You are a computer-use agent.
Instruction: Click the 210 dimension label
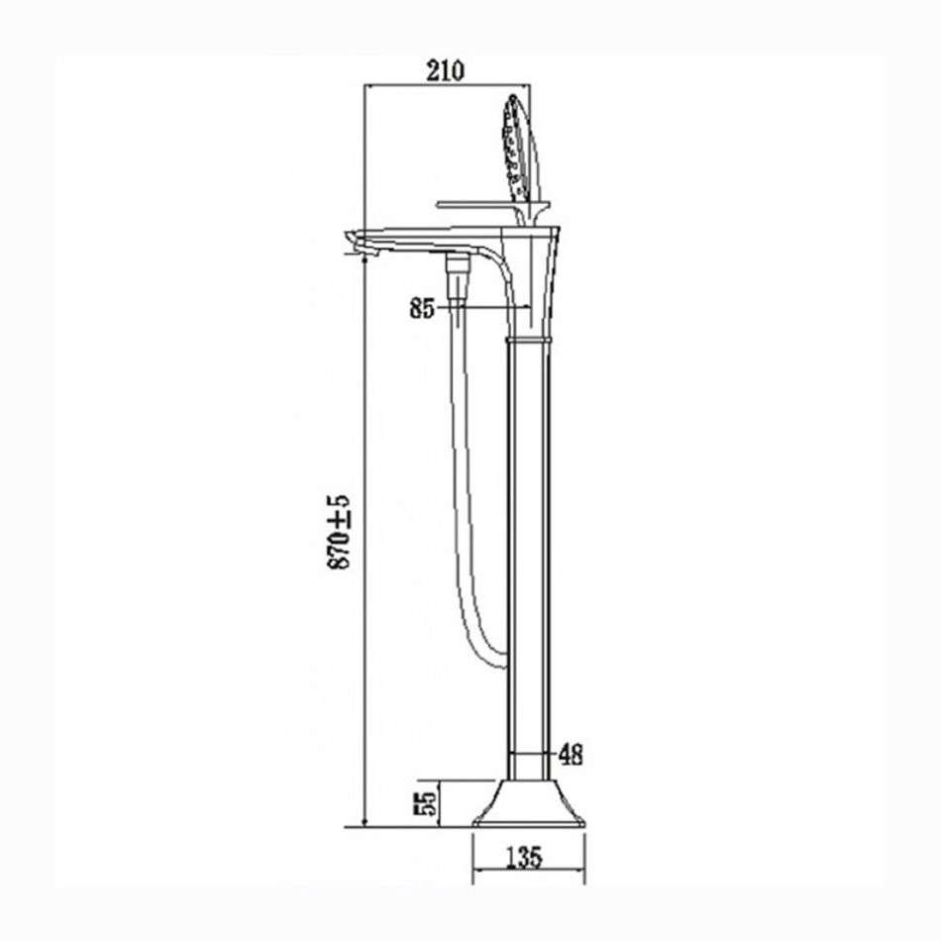445,70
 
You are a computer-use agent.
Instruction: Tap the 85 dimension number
422,308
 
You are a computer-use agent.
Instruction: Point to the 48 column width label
571,755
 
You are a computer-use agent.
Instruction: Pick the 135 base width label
523,858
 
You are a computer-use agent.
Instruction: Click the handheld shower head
521,150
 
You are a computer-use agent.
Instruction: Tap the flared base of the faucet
529,803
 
